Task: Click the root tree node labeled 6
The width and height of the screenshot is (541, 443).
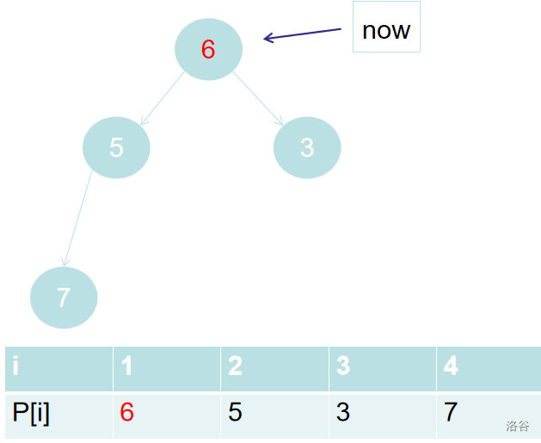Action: click(x=208, y=49)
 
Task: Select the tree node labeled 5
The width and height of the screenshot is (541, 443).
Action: click(x=116, y=148)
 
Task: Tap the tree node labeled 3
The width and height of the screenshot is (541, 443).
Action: click(x=307, y=148)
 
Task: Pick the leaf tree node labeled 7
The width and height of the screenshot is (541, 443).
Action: click(x=64, y=298)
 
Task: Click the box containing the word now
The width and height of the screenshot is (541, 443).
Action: click(x=386, y=27)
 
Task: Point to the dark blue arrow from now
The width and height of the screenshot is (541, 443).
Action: click(x=302, y=34)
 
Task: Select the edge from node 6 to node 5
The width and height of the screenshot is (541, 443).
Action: click(x=163, y=98)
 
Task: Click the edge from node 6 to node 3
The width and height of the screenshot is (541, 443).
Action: click(x=258, y=98)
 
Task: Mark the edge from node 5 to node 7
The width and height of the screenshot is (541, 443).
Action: click(x=78, y=218)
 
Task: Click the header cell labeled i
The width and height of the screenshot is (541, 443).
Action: click(x=59, y=369)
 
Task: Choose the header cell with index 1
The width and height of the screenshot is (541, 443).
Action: click(x=167, y=369)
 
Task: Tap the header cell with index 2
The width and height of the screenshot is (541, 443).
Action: click(x=274, y=369)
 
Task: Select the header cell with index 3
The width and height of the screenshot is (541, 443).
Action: click(x=383, y=369)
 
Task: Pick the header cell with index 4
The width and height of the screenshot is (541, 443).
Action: click(x=489, y=369)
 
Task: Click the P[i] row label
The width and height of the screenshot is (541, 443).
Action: click(x=31, y=413)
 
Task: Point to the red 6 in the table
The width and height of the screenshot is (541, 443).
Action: click(x=127, y=412)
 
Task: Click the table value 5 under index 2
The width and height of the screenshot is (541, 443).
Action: click(x=235, y=412)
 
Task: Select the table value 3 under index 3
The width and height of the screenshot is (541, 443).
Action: click(x=343, y=412)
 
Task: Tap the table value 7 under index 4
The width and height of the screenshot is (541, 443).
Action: click(x=451, y=412)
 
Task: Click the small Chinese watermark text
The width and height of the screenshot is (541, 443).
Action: click(x=518, y=426)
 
